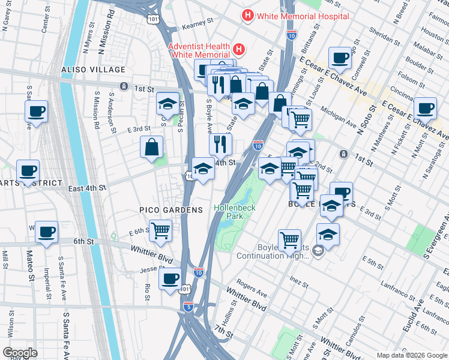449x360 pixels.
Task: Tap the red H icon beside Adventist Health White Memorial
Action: [x=238, y=49]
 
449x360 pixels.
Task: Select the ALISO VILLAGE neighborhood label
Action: [x=86, y=70]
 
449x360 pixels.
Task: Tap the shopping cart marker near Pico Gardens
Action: [x=160, y=231]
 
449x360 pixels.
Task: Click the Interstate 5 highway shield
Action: [x=188, y=307]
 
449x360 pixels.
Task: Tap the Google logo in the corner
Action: [x=20, y=353]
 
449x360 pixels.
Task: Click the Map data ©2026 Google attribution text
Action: [x=412, y=355]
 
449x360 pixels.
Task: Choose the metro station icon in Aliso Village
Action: [x=123, y=86]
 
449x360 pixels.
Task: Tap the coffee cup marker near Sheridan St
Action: [x=341, y=58]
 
